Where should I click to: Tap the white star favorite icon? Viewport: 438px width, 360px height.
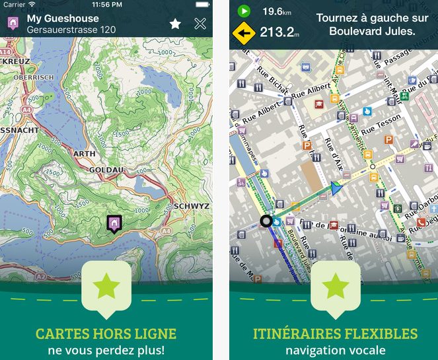coord(175,24)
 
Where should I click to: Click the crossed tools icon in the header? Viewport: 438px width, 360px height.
coord(200,24)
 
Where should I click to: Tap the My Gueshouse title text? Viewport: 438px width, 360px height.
coord(63,18)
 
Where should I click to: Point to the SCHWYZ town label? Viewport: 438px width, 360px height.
coord(192,206)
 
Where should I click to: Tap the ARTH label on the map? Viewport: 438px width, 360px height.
coord(84,154)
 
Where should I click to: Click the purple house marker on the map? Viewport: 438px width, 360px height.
coord(114,224)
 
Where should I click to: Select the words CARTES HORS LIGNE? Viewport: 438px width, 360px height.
coord(106,334)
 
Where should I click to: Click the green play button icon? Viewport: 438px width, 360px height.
coord(244,11)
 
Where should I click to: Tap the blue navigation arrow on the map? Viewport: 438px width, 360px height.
coord(338,189)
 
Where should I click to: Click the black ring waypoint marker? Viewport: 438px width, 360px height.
coord(266,221)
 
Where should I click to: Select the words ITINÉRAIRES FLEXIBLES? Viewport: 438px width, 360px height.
coord(335,334)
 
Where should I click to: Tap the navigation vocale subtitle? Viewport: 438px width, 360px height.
coord(335,349)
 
